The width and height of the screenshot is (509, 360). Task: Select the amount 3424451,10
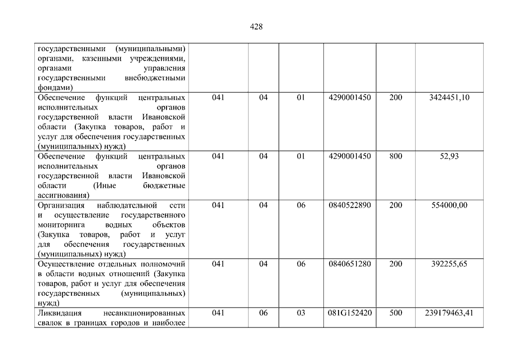449,98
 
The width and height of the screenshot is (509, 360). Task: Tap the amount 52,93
449,156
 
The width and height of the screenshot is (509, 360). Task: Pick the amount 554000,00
449,205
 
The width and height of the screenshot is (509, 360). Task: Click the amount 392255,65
449,264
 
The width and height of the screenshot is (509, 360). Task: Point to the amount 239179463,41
449,313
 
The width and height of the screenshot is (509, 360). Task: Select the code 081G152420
349,313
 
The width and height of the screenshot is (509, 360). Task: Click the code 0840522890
349,205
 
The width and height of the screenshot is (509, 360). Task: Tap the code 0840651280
349,264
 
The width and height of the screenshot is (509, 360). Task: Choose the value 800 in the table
395,156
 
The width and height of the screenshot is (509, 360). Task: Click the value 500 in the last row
395,313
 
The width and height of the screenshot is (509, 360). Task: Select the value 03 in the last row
301,313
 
